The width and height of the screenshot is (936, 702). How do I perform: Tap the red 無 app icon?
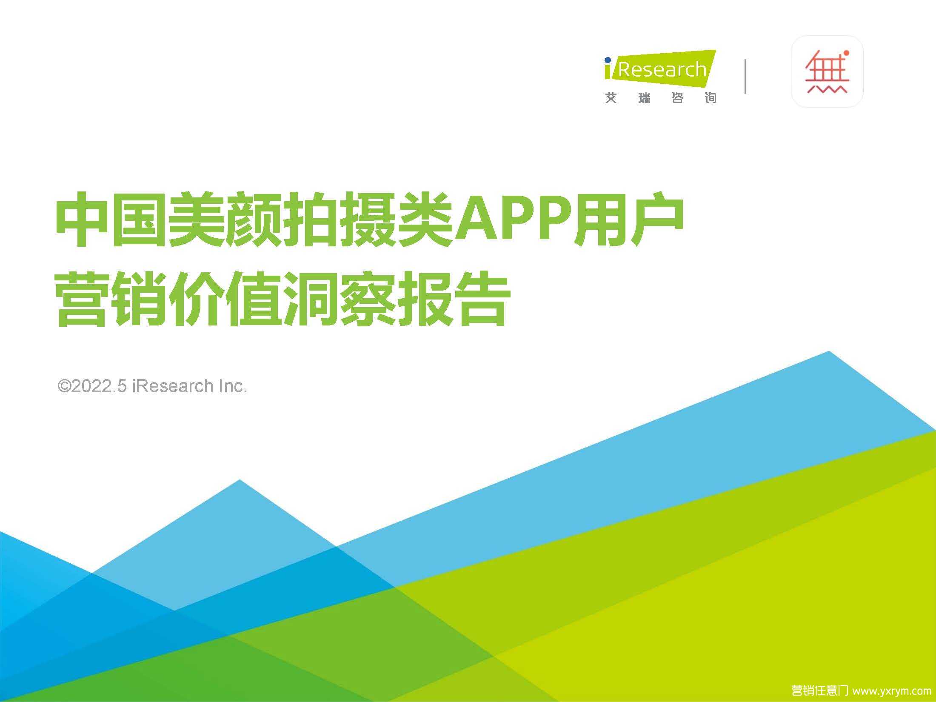pyautogui.click(x=827, y=71)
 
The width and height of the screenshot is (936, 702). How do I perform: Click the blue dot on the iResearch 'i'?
pyautogui.click(x=608, y=60)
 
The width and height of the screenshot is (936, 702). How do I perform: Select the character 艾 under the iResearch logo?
pyautogui.click(x=611, y=98)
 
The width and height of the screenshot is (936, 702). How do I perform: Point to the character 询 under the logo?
pyautogui.click(x=711, y=98)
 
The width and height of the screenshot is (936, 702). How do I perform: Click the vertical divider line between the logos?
pyautogui.click(x=745, y=77)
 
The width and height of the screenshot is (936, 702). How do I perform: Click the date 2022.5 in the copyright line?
pyautogui.click(x=99, y=386)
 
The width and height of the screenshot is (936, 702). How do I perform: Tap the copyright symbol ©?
pyautogui.click(x=64, y=386)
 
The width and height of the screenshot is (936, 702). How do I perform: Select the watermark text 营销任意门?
pyautogui.click(x=819, y=691)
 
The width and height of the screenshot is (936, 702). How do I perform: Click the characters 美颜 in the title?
pyautogui.click(x=225, y=220)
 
